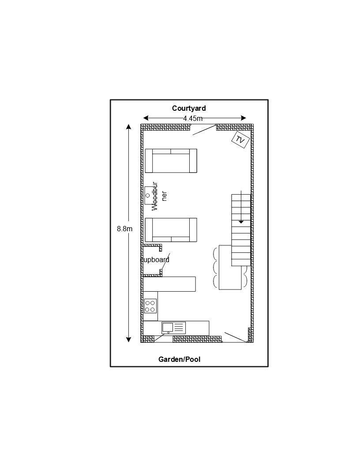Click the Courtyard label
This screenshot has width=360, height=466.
[189, 108]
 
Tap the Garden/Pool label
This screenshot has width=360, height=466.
[179, 359]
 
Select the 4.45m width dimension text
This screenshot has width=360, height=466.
[193, 118]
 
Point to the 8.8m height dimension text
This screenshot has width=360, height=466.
[124, 229]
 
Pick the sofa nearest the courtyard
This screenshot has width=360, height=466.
[171, 161]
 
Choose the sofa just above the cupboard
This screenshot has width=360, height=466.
[171, 230]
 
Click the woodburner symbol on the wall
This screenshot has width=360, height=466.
[150, 195]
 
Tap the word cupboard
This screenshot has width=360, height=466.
[155, 260]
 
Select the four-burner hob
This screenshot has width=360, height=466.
[150, 306]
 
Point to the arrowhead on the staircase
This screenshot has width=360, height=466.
[241, 222]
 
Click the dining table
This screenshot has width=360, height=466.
[230, 267]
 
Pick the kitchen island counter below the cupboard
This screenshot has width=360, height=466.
[169, 284]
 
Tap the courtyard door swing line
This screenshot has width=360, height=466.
[204, 130]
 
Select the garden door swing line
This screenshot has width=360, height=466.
[235, 337]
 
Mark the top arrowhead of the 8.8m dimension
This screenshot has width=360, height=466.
[129, 127]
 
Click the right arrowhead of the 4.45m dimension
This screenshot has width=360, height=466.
[244, 118]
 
